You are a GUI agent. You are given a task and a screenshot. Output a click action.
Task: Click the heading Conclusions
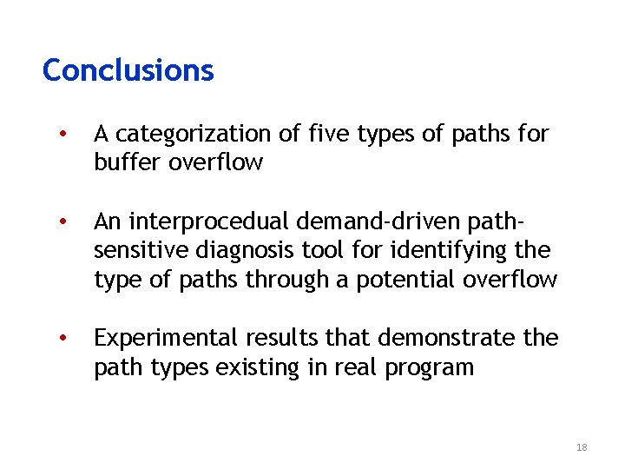[x=128, y=70]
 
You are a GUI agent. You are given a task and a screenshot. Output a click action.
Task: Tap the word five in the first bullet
[x=330, y=135]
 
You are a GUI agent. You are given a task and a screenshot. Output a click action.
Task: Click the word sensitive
[x=144, y=251]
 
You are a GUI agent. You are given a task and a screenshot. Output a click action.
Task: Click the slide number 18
[x=581, y=447]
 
